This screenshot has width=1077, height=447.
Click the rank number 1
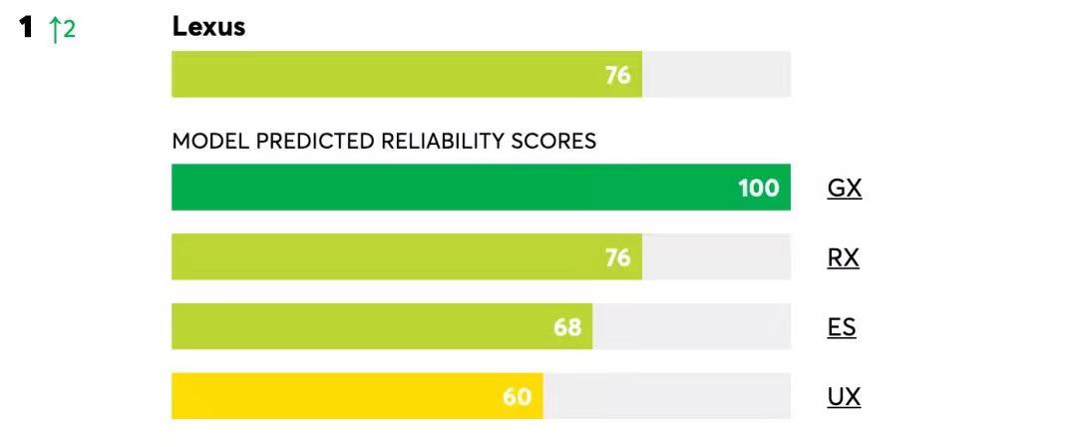point(28,28)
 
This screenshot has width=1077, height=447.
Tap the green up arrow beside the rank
point(54,30)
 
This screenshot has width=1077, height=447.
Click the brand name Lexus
point(208,27)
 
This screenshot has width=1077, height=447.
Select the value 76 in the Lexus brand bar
point(618,75)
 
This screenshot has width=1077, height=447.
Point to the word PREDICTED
point(315,142)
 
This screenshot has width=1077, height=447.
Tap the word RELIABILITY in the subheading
point(442,142)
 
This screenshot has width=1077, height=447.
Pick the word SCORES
point(553,142)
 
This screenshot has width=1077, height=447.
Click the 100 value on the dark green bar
point(759,188)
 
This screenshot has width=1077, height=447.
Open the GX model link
point(844,188)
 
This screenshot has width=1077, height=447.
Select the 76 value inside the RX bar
point(618,257)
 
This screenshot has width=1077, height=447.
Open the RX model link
point(843,257)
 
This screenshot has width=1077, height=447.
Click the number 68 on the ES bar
point(567,327)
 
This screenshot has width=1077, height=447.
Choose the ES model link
point(842,327)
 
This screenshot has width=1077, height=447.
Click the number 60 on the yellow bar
point(517,397)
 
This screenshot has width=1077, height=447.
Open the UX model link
point(844,397)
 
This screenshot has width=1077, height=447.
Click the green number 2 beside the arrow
point(69,30)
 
